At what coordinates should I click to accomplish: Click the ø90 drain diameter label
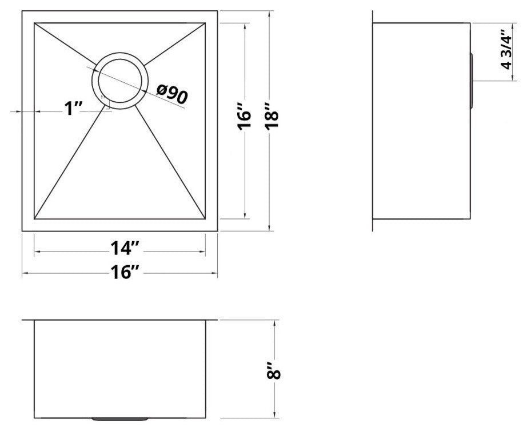(x=171, y=94)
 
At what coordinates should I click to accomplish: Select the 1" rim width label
(x=74, y=108)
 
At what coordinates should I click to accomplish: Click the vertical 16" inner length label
(x=245, y=120)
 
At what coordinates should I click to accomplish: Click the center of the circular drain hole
(x=121, y=81)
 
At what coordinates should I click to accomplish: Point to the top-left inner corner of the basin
(x=35, y=23)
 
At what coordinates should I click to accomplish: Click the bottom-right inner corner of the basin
(x=205, y=218)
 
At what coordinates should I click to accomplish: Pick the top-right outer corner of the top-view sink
(x=218, y=10)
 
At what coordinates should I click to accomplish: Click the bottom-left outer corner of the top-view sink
(x=22, y=231)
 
